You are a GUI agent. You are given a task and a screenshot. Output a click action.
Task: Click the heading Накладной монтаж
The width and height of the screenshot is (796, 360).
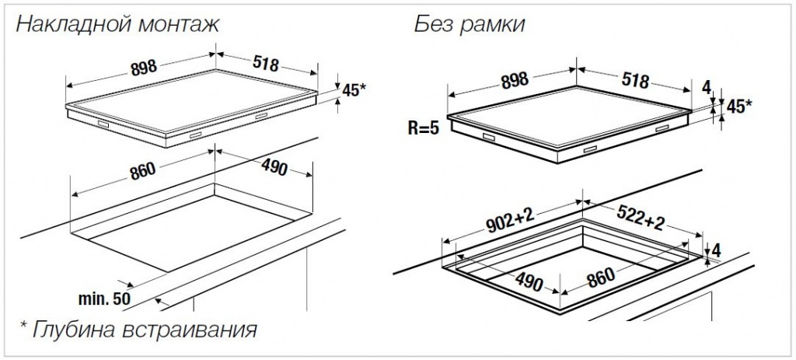tap(117, 25)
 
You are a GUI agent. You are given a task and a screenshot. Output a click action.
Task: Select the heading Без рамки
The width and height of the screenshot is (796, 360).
tap(469, 25)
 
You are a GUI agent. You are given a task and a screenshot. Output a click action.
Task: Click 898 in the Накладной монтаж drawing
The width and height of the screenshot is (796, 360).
tap(143, 68)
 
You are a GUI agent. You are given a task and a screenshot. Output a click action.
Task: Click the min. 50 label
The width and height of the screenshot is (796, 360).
tap(104, 297)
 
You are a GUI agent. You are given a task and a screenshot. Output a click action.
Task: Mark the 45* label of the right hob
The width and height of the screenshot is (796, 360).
tap(738, 107)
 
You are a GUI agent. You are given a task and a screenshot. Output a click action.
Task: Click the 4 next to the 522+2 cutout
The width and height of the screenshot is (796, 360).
tap(716, 250)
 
